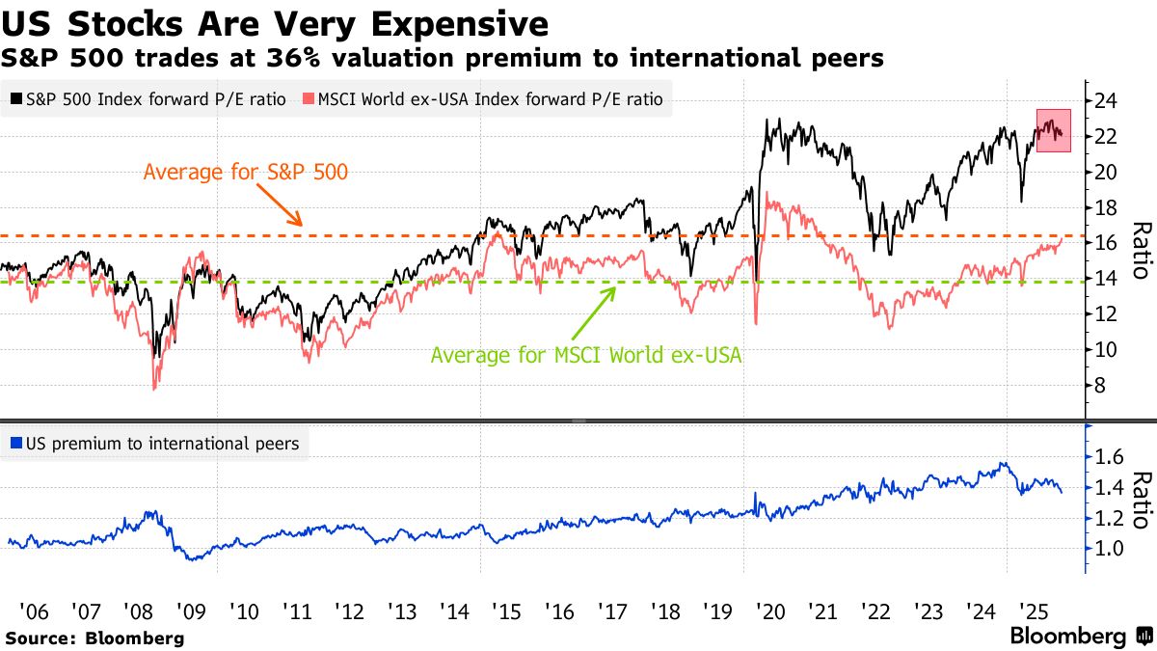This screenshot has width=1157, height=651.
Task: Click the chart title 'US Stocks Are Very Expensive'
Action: [x=275, y=23]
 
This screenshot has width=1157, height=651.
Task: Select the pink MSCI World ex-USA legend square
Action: [x=309, y=99]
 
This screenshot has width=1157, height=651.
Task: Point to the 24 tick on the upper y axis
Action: [x=1107, y=101]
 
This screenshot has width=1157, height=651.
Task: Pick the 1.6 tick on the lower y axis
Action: [x=1109, y=456]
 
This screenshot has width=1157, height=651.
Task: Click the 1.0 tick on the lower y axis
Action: [x=1109, y=549]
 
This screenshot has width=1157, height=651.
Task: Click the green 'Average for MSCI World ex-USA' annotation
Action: [x=586, y=355]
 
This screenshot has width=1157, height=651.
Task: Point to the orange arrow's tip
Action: [x=303, y=226]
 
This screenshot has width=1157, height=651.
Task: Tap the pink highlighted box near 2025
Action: [x=1054, y=130]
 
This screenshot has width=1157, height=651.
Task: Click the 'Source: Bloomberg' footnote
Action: [x=94, y=638]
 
